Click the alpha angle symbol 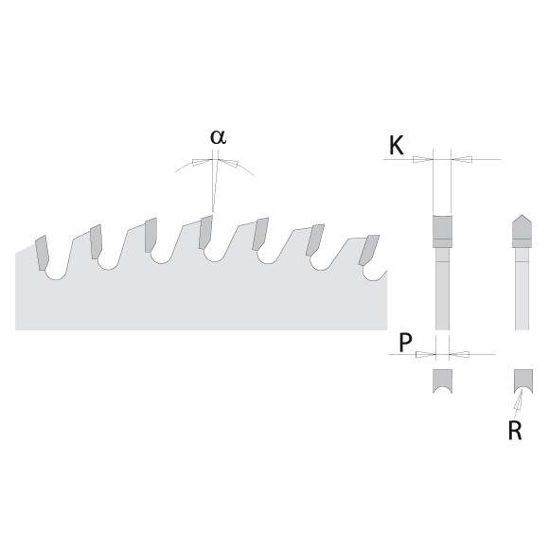[218, 137]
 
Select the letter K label [397, 146]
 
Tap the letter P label [405, 343]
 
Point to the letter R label [515, 431]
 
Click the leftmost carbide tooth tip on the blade [42, 253]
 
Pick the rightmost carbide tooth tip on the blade [369, 250]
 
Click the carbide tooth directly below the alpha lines [206, 232]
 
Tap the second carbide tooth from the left [96, 242]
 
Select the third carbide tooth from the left [151, 235]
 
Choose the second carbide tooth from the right [315, 239]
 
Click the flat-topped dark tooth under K [442, 231]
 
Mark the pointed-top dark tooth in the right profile [522, 231]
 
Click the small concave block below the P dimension [443, 381]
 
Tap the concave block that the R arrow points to [523, 380]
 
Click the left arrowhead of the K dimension [423, 160]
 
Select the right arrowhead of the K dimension [462, 160]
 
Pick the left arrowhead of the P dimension [425, 354]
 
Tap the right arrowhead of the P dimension [459, 354]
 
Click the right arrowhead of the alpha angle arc [228, 163]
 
